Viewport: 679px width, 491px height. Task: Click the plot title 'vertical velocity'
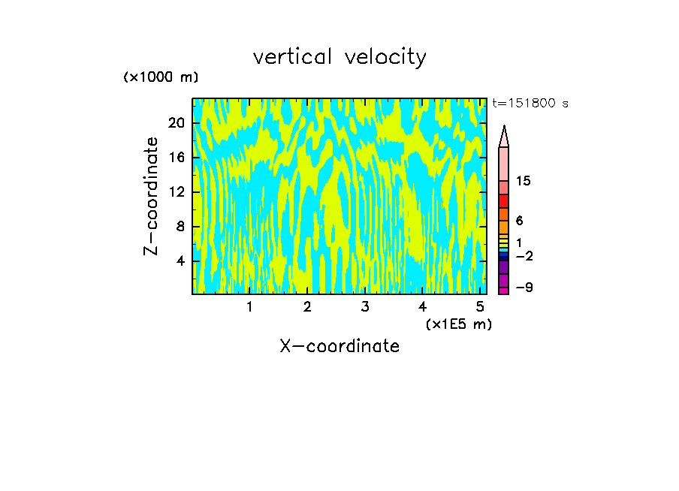[339, 57]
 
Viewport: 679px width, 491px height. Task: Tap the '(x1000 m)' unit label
[161, 78]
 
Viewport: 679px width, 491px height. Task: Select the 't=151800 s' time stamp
[530, 104]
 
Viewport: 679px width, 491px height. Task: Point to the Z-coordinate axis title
[152, 196]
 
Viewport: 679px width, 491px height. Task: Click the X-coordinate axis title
[339, 346]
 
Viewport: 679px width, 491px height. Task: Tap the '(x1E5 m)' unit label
[458, 324]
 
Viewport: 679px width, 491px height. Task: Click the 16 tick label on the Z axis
[176, 157]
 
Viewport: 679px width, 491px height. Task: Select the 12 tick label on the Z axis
[176, 192]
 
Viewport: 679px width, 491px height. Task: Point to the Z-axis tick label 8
[180, 227]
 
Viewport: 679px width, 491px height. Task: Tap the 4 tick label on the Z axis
[180, 261]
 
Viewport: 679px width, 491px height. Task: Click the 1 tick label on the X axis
[249, 307]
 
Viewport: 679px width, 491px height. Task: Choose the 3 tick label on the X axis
[364, 307]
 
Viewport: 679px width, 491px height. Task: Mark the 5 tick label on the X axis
[479, 307]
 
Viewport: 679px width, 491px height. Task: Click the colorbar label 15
[524, 182]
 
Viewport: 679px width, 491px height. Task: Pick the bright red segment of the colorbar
[503, 201]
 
